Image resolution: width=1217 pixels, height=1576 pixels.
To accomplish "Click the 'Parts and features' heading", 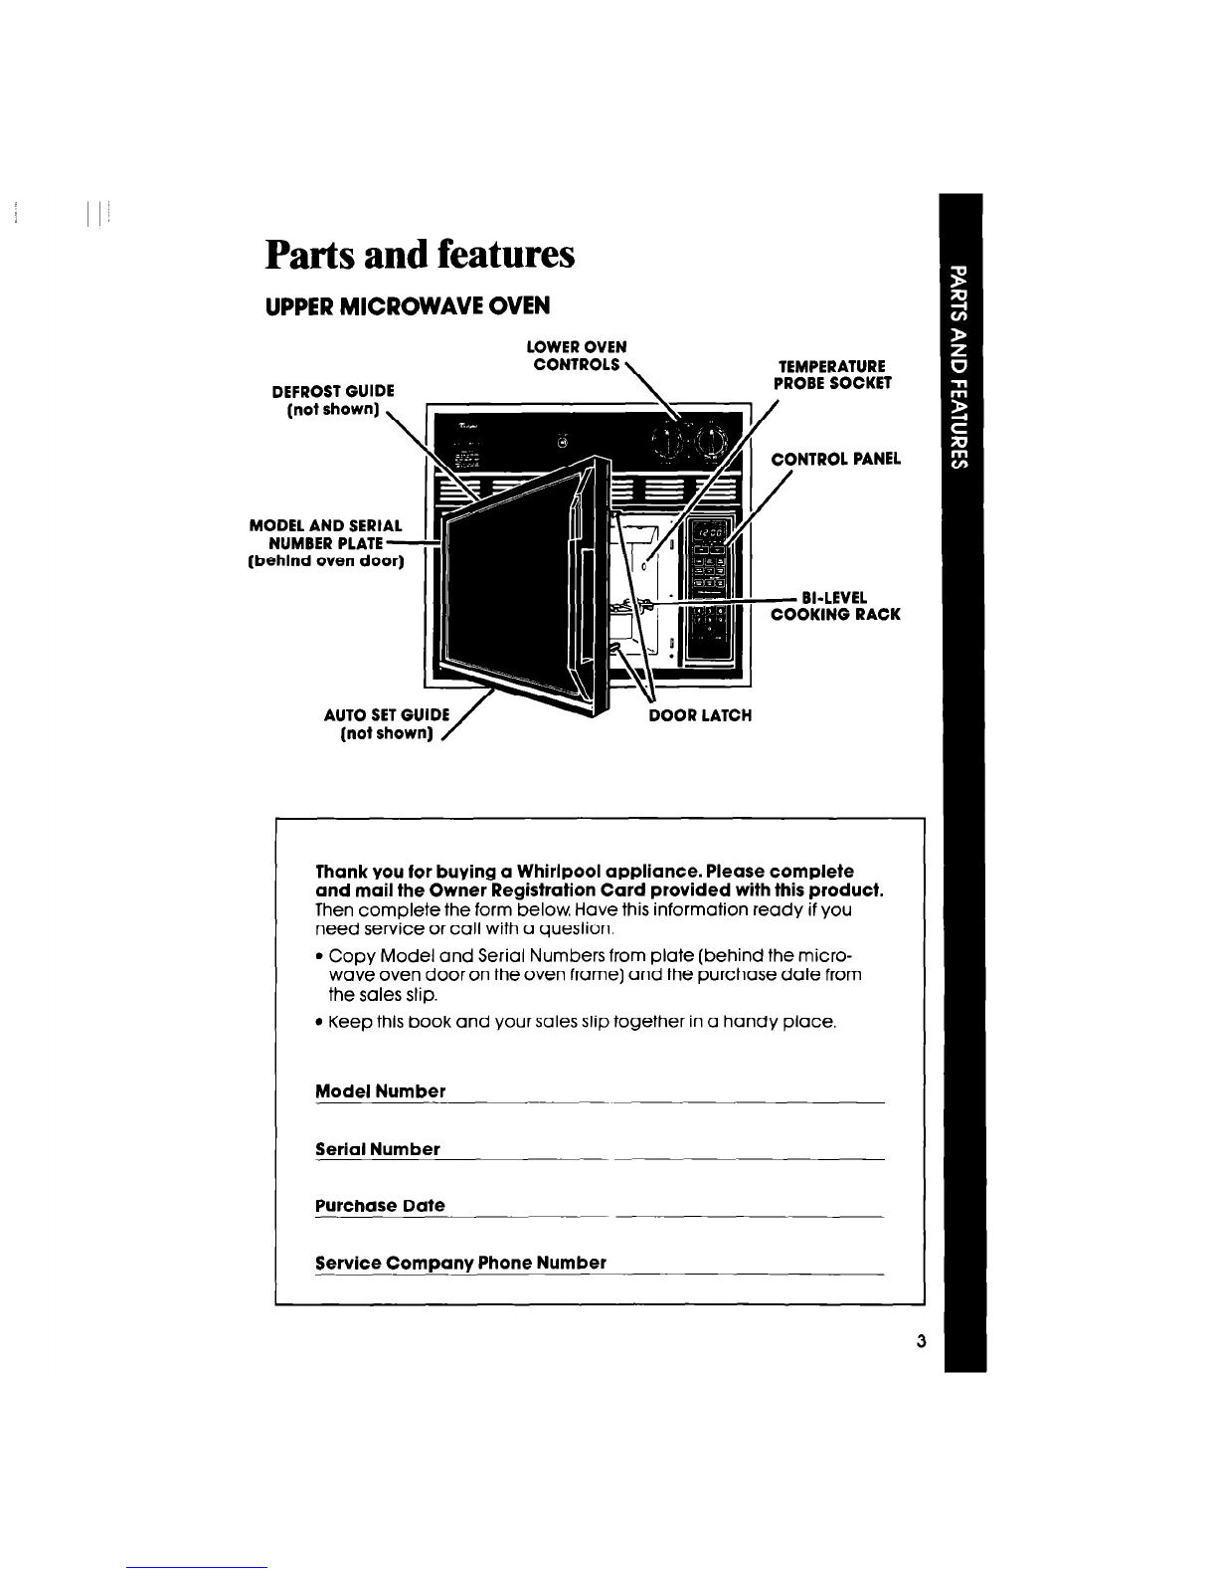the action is tap(420, 255).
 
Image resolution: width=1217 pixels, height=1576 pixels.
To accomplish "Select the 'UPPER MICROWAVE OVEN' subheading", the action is tap(408, 306).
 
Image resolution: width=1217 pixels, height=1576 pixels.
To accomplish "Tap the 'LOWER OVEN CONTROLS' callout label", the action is tap(577, 355).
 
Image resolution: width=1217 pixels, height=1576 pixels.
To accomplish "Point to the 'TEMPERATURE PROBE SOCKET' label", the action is tap(832, 375).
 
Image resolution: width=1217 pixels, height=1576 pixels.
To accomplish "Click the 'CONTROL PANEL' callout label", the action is tap(836, 459).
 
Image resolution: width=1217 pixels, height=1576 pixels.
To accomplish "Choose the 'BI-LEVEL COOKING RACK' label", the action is tap(835, 606).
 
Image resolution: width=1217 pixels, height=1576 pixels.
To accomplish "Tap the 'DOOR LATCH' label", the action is tap(700, 715).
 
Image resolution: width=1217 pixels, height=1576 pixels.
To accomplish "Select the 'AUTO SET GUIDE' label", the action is tap(387, 714).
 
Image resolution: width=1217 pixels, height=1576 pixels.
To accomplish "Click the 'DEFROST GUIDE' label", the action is tap(333, 391).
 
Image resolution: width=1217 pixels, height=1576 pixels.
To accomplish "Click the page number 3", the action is tap(921, 1341).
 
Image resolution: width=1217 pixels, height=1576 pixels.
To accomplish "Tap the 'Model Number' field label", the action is tap(381, 1090).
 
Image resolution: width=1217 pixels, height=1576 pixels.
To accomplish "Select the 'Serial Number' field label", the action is tap(378, 1149).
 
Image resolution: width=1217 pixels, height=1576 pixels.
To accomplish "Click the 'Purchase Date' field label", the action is tap(380, 1206).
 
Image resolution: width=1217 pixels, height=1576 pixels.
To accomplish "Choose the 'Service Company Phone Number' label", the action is tap(461, 1263).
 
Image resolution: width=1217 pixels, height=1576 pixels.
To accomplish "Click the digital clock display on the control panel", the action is tap(710, 533).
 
